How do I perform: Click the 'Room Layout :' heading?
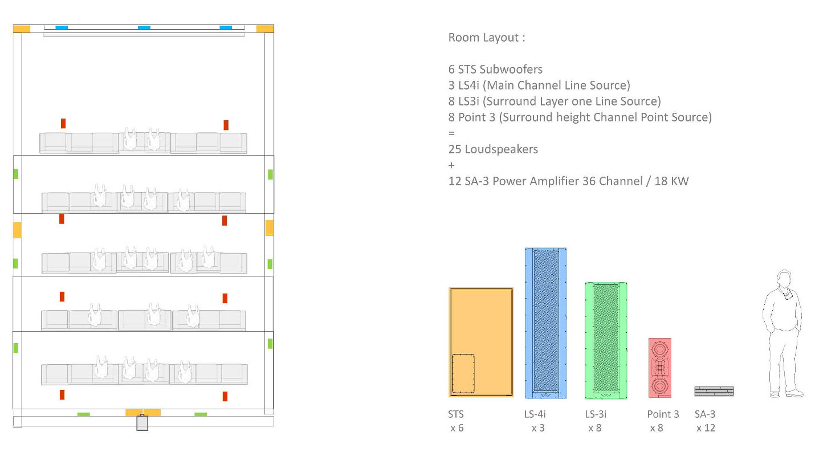coord(487,38)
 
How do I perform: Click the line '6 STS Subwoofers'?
coord(495,69)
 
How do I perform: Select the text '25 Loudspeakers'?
coord(493,149)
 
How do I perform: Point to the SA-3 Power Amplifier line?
coord(568,181)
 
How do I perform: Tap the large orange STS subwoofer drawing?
coord(481,342)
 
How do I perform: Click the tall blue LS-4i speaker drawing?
coord(546,323)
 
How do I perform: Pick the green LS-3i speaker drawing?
coord(606,340)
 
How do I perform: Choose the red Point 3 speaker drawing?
coord(659,368)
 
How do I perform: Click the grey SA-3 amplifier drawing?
coord(714,391)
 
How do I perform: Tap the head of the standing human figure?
coord(784,279)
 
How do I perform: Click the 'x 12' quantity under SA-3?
coord(706,428)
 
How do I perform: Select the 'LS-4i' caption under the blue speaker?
coord(535,414)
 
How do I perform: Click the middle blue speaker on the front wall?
coord(144,27)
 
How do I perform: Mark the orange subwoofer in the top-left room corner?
coord(22,28)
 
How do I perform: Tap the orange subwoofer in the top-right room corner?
coord(265,28)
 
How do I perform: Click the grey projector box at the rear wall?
coord(142,423)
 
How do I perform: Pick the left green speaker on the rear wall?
coord(84,414)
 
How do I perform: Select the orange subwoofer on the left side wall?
coord(17,230)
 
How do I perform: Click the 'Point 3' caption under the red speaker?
coord(663,414)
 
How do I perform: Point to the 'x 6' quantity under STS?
coord(457,428)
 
